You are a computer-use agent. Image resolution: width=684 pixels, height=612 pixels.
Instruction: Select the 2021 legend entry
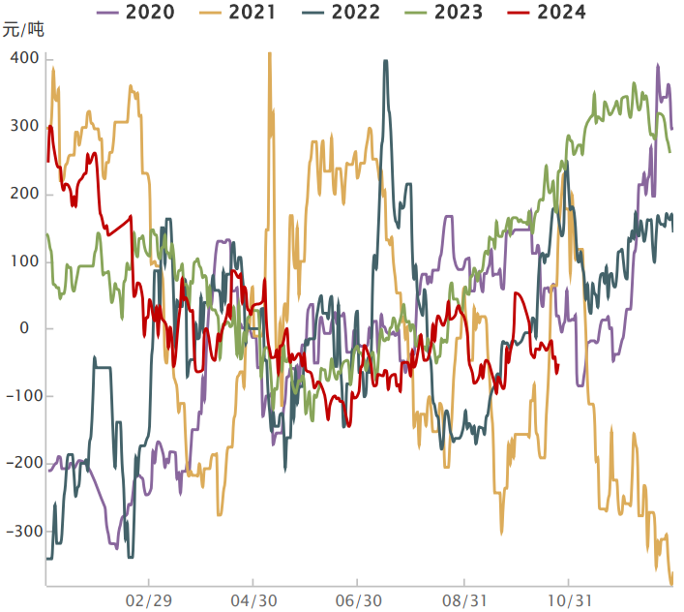[237, 13]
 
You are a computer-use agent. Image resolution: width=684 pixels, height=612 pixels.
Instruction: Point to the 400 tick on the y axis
[25, 59]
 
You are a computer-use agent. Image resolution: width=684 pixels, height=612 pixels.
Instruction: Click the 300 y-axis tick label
[25, 127]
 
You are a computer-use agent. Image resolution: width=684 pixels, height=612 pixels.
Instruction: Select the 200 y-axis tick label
[25, 195]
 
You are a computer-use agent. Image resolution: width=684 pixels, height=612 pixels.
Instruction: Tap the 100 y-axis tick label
[25, 261]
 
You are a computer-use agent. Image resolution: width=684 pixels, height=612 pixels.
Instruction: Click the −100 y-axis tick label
[21, 396]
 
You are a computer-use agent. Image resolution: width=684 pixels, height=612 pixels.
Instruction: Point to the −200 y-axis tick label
[21, 464]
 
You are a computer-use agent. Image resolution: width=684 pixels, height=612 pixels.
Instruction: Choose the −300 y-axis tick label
[21, 532]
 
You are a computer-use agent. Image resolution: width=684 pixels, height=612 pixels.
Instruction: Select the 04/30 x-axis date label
[253, 601]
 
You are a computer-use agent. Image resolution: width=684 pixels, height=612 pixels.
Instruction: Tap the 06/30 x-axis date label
[358, 601]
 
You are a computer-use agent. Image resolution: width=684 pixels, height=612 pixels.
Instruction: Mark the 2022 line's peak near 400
[386, 61]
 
